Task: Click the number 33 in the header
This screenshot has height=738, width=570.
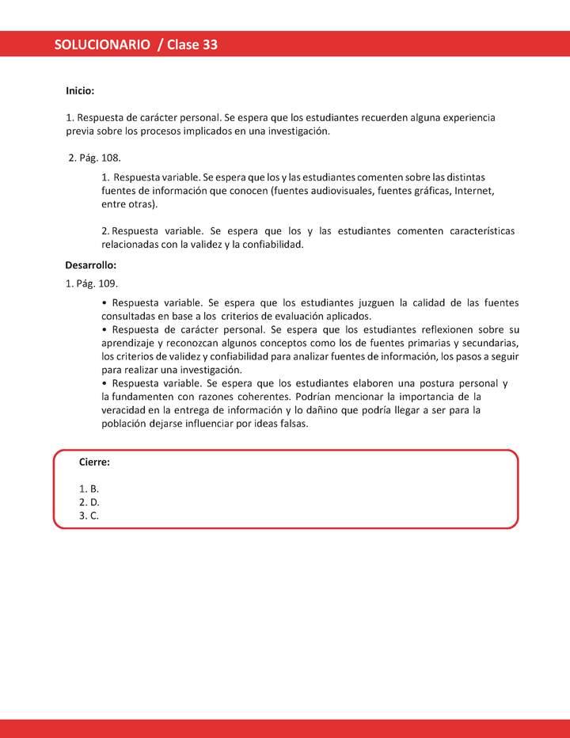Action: click(210, 45)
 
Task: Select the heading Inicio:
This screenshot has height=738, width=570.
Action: click(80, 91)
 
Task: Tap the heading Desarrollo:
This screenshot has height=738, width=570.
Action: click(90, 265)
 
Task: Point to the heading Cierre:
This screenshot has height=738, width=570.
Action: click(94, 462)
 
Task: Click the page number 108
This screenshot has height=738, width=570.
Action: click(112, 158)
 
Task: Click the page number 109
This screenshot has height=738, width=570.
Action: click(108, 283)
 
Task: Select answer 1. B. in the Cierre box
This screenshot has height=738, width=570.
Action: click(89, 489)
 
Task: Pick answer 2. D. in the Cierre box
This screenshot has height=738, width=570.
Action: click(89, 502)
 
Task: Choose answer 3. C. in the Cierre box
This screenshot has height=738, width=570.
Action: click(89, 515)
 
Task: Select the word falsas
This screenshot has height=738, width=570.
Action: click(293, 423)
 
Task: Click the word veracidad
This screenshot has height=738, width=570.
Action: click(124, 409)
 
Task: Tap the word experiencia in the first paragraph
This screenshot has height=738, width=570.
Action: click(462, 117)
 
